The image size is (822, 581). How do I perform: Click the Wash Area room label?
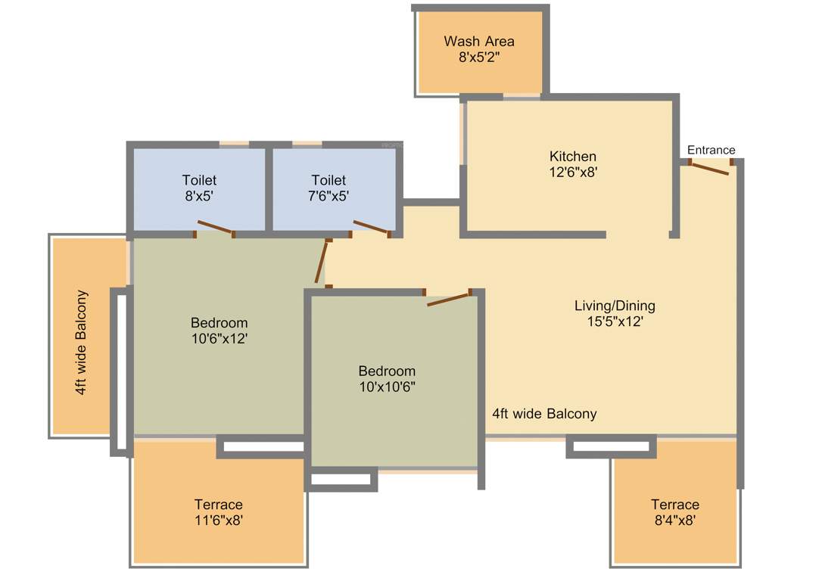point(479,41)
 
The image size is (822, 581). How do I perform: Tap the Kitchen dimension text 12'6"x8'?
point(573,172)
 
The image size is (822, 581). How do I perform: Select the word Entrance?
point(711,150)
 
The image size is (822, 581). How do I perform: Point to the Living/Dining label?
point(615,306)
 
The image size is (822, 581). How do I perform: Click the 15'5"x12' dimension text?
point(615,321)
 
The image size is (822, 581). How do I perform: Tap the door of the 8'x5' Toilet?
point(215,227)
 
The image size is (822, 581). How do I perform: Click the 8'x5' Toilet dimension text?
point(199,195)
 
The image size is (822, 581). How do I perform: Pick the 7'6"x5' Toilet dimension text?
point(328,195)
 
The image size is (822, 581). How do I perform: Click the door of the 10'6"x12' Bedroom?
point(322,262)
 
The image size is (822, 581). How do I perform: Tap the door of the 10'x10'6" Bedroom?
point(450,300)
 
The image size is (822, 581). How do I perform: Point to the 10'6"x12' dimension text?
point(219,339)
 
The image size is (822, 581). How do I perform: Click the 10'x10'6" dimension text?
point(387,387)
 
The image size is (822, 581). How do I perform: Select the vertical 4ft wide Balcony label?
point(81,342)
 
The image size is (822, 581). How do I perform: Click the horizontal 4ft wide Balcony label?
point(544,414)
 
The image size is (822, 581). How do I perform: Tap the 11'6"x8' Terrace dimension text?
point(219,520)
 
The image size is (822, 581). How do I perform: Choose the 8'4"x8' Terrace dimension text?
point(674,520)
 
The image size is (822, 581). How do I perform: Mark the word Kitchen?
point(573,157)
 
